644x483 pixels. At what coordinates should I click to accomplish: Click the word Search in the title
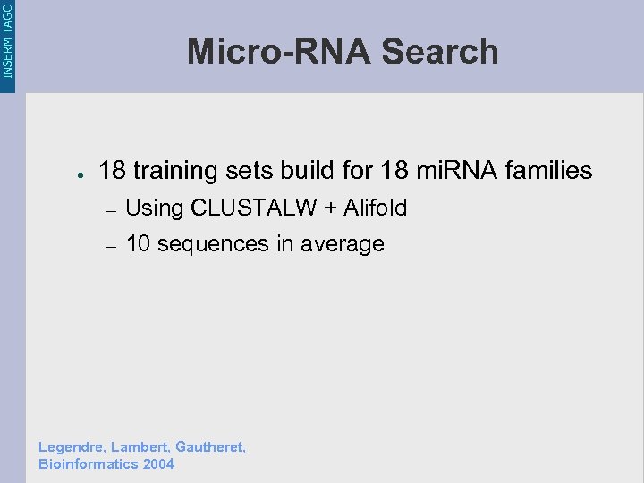(x=439, y=52)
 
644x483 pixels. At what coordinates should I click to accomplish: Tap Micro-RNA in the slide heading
(x=279, y=52)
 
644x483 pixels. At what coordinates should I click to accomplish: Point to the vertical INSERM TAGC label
(x=8, y=40)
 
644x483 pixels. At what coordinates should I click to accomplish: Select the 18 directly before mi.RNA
(x=394, y=170)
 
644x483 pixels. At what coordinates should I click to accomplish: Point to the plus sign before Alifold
(x=331, y=209)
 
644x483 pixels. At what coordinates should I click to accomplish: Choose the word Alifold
(x=376, y=208)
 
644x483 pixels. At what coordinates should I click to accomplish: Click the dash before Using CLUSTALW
(x=111, y=210)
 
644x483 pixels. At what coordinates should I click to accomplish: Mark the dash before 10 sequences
(x=111, y=246)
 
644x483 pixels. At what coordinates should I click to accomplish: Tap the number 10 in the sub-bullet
(x=138, y=243)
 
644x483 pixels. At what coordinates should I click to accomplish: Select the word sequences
(x=211, y=244)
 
